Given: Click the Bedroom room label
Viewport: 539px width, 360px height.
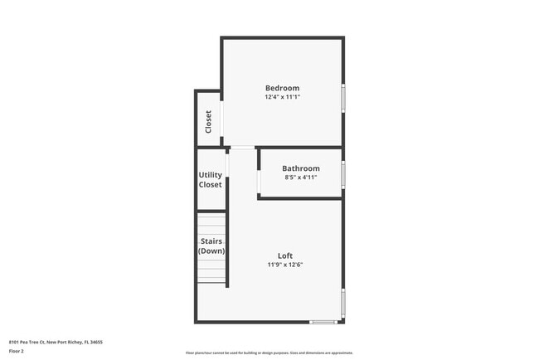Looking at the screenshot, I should coord(282,88).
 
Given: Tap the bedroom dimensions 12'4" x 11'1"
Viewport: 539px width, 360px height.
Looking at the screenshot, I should coord(282,97).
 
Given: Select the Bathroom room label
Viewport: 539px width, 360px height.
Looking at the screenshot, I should coord(300,168).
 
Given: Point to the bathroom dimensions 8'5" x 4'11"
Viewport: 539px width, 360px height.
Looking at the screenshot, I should coord(300,178).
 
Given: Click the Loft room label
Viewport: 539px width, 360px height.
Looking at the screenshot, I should coord(284,255).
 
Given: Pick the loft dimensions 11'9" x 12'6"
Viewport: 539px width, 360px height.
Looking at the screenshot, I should coord(284,265).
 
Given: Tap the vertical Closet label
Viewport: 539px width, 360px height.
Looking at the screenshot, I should coord(208,121).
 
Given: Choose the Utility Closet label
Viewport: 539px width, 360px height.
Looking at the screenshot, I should coord(210,179).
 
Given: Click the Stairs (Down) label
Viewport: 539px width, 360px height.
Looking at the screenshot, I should coord(211,246).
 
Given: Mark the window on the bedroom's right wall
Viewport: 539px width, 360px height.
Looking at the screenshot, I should coord(343,98).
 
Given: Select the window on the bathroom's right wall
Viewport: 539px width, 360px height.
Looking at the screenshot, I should coord(343,174).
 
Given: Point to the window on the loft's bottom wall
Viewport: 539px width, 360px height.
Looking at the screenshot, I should coord(323,322).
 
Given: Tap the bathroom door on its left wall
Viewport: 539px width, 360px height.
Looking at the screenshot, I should coord(259,181).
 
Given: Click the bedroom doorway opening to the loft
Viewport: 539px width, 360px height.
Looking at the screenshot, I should coord(241,148).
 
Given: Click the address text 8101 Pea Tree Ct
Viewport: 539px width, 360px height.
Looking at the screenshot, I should coord(56,342).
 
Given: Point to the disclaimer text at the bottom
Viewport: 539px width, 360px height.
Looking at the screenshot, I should coord(269,353).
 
